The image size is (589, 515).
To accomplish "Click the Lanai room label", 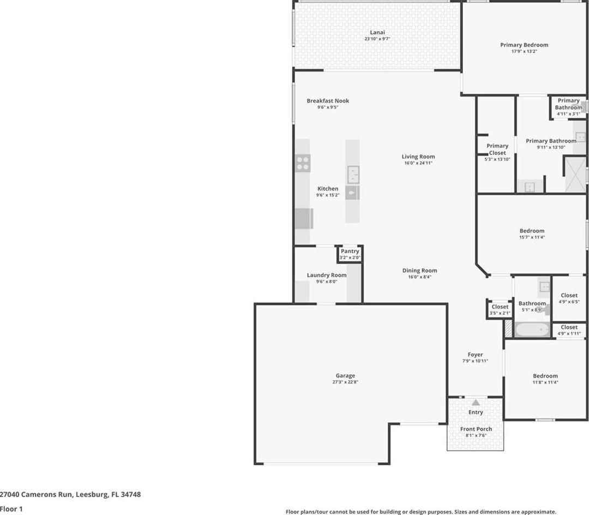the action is point(377,32).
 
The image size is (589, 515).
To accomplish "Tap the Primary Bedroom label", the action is point(524,45).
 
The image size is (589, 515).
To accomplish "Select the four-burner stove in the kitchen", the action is point(303,163).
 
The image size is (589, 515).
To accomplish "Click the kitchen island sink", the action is point(353,174).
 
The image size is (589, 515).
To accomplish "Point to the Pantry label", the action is point(350,251).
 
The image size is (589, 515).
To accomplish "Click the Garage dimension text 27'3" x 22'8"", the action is point(345,382).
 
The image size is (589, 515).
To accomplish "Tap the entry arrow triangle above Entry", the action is point(476,402).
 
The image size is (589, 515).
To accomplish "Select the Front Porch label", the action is point(476,429).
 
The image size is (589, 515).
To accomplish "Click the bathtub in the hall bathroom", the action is point(532,330).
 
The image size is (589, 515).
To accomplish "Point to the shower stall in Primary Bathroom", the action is point(575,175).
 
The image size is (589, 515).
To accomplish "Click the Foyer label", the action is point(475,354).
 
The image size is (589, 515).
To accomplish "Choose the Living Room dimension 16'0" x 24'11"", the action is point(418,163).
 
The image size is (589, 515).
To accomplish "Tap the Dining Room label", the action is point(419,271).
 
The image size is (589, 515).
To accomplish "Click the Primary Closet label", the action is point(497,149).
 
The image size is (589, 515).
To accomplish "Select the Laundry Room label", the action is point(327,275).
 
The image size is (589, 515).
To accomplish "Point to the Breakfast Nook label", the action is point(328,101).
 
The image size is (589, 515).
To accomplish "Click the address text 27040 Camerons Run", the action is point(35,494).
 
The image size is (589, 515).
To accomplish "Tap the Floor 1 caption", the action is point(11,509).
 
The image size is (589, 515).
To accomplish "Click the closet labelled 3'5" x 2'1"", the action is point(500,309).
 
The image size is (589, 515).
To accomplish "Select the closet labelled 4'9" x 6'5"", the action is point(569,298).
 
